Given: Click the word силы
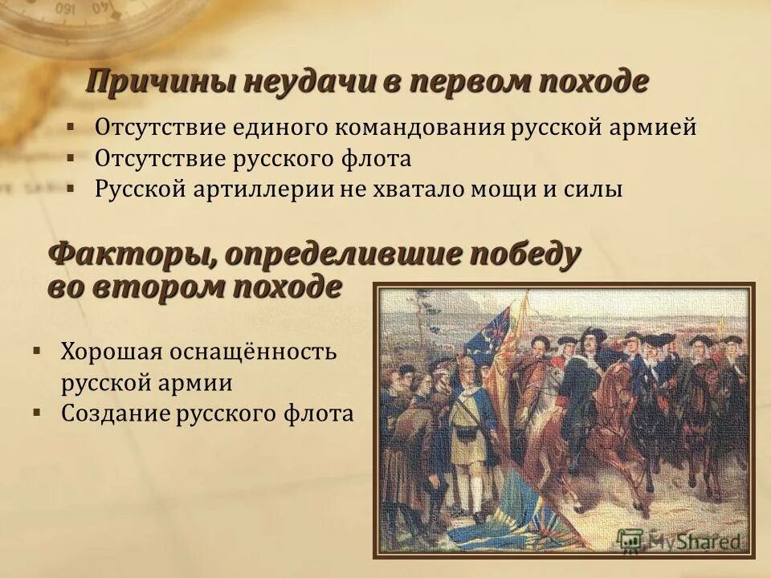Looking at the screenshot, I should [598, 189].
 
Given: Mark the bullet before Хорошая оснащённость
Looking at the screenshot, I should [37, 352].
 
